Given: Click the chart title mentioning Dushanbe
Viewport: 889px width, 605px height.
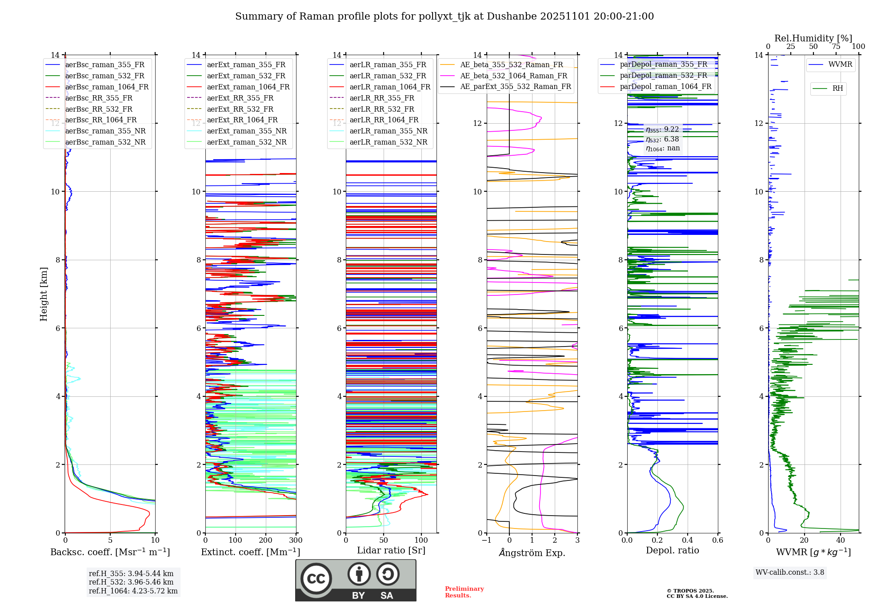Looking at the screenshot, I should point(444,16).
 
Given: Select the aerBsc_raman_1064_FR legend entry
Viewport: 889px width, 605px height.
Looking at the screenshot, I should point(107,87).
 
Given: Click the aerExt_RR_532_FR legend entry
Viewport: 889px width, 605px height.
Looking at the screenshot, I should point(240,109).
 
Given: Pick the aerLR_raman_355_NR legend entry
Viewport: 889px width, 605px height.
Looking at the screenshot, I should point(388,131).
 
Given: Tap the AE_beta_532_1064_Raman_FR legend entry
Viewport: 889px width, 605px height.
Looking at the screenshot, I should point(513,76).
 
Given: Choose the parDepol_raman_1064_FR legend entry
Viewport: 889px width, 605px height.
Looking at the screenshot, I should point(665,86).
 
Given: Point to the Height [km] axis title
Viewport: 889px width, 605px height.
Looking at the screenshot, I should point(44,294).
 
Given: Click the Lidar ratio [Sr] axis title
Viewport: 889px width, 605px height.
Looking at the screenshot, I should point(391,550).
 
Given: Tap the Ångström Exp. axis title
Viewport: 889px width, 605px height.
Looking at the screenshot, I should point(532,553).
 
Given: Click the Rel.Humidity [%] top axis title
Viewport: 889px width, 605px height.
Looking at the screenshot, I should point(813,38).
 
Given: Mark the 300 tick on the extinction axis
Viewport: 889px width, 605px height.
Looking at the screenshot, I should point(296,540).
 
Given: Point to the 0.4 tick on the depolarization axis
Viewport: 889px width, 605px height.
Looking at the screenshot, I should point(687,540).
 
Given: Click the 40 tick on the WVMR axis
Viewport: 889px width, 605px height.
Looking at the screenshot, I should point(841,540).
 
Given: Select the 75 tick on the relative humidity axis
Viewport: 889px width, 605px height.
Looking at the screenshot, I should point(836,47).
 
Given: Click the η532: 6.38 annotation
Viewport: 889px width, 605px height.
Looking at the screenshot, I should point(662,139).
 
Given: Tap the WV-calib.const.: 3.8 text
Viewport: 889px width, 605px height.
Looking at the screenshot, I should point(790,573).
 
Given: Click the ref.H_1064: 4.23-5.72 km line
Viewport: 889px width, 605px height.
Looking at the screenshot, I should point(133,591).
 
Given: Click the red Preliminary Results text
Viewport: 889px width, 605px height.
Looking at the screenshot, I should point(464,592).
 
